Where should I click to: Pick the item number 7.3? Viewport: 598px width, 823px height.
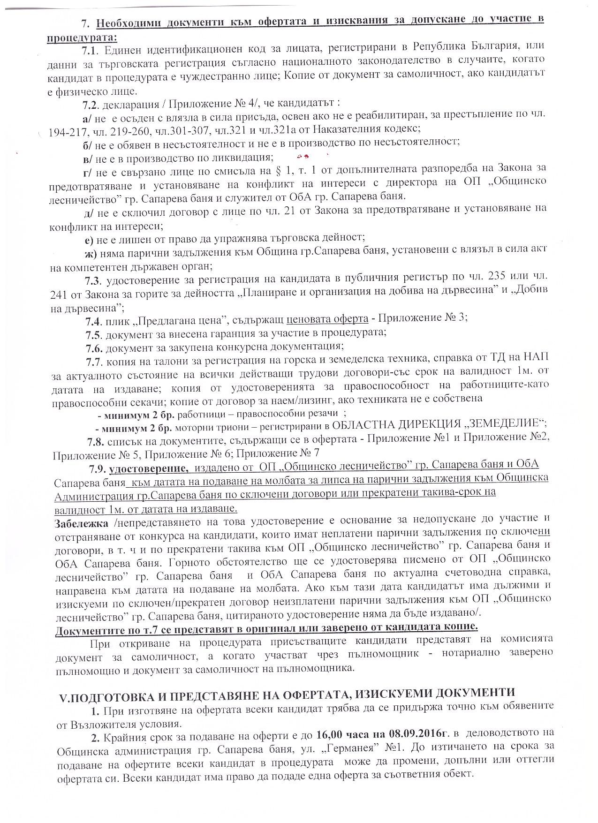93,281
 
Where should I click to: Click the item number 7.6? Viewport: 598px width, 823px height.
94,347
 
